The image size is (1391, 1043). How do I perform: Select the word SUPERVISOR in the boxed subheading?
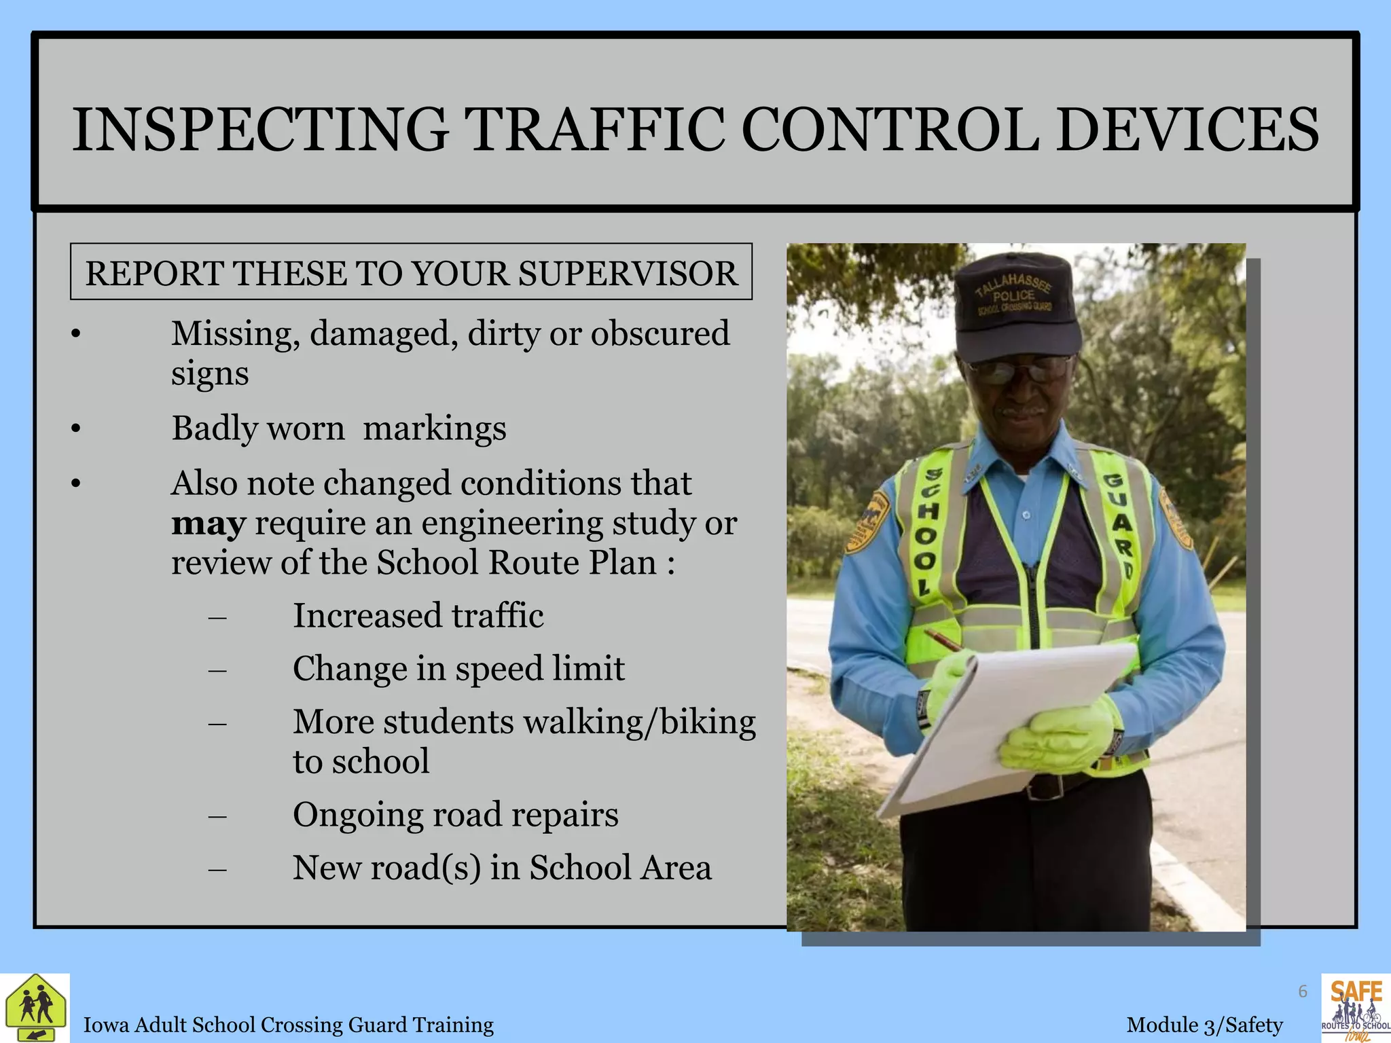coord(628,273)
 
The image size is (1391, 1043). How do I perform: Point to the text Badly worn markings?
coord(338,428)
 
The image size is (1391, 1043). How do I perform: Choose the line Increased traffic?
coord(418,616)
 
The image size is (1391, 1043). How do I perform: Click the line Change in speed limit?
coord(458,669)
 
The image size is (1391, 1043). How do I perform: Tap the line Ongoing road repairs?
coord(455,815)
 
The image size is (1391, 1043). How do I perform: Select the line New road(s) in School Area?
coord(502,868)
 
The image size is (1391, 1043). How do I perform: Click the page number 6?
coord(1303,992)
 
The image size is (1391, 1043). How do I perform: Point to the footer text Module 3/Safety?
coord(1204,1025)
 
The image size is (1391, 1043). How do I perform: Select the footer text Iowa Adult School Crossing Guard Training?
coord(288,1025)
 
